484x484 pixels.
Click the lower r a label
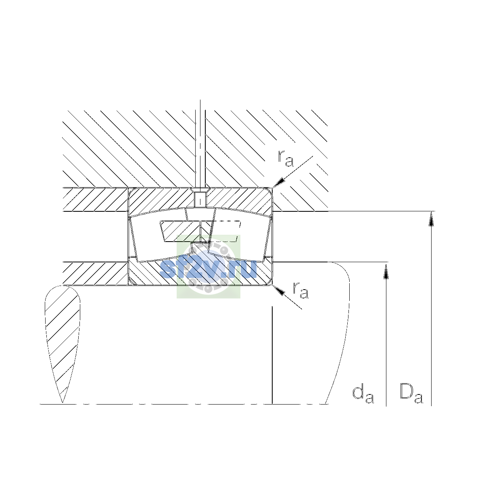[300, 290]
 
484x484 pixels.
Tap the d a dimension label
[363, 396]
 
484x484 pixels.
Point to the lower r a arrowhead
[278, 290]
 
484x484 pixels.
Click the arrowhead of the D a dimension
[431, 219]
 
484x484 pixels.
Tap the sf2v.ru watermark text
[208, 269]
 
